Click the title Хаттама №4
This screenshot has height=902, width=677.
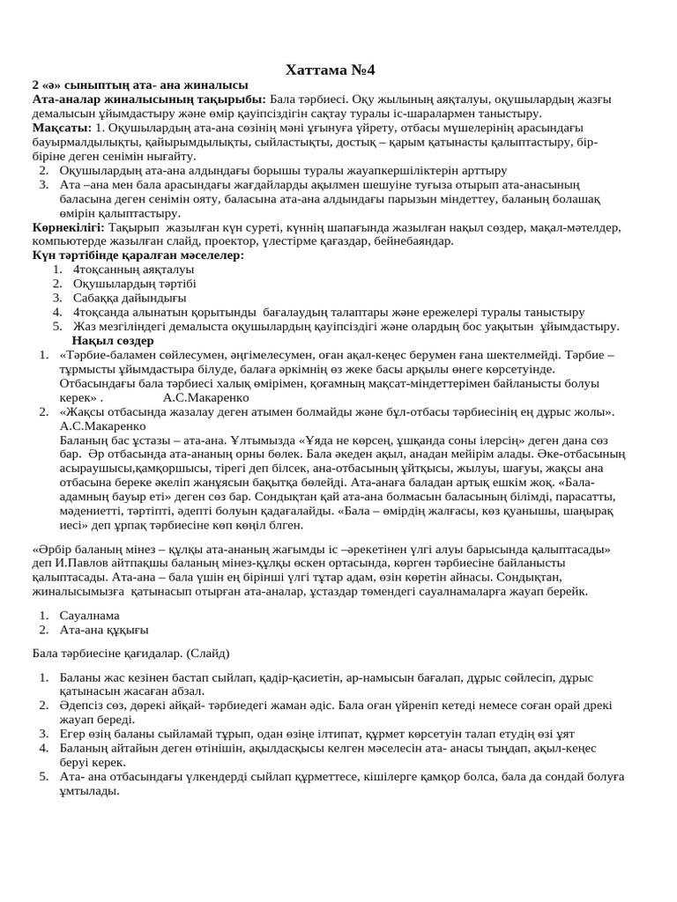click(x=338, y=70)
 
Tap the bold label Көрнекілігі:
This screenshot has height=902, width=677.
click(x=68, y=226)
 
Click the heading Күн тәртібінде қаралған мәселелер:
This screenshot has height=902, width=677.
click(x=138, y=255)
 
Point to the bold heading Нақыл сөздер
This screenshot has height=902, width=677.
click(x=113, y=340)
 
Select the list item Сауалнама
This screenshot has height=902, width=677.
click(x=89, y=616)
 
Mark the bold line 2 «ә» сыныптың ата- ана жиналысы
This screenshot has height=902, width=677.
click(x=140, y=85)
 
